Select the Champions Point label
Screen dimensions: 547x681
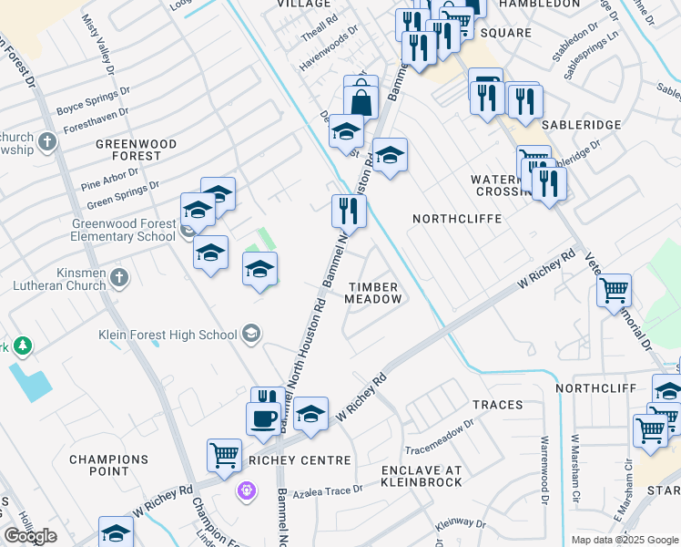pyautogui.click(x=109, y=465)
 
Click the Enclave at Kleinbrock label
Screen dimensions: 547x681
pyautogui.click(x=422, y=475)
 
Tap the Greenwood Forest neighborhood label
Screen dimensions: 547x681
pyautogui.click(x=128, y=150)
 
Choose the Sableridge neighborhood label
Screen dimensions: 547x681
pyautogui.click(x=581, y=124)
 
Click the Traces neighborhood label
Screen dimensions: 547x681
pyautogui.click(x=497, y=404)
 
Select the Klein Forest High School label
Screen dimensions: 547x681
pyautogui.click(x=168, y=335)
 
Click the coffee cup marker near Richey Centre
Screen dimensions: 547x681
pyautogui.click(x=264, y=418)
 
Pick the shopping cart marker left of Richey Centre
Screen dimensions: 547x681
pyautogui.click(x=224, y=454)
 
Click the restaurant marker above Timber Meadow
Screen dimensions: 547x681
pyautogui.click(x=348, y=212)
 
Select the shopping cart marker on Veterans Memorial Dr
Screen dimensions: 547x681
pyautogui.click(x=615, y=291)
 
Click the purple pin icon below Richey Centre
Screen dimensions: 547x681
pyautogui.click(x=246, y=492)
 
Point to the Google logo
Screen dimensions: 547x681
pyautogui.click(x=30, y=536)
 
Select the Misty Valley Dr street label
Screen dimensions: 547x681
pyautogui.click(x=99, y=44)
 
